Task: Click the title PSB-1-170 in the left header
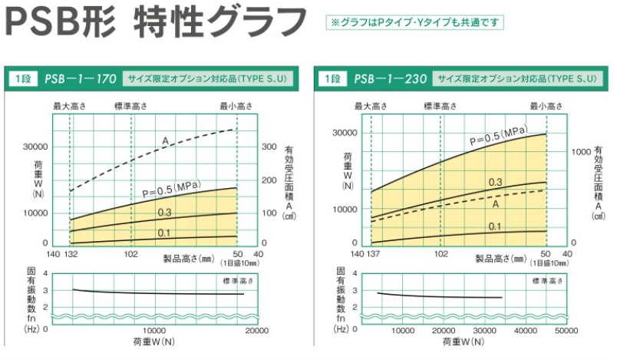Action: (80, 78)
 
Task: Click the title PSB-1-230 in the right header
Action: (391, 78)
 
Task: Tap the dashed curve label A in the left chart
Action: (165, 139)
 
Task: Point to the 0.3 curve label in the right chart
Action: (495, 182)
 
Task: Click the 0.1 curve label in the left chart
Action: (164, 233)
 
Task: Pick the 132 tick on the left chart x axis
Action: (70, 253)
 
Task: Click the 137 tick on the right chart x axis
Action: (374, 253)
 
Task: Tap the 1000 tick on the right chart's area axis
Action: (582, 151)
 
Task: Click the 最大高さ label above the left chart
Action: (69, 106)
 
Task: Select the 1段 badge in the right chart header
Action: (332, 78)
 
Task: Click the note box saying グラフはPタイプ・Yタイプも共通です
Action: (415, 22)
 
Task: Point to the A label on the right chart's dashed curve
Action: (497, 204)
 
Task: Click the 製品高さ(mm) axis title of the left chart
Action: (187, 258)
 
